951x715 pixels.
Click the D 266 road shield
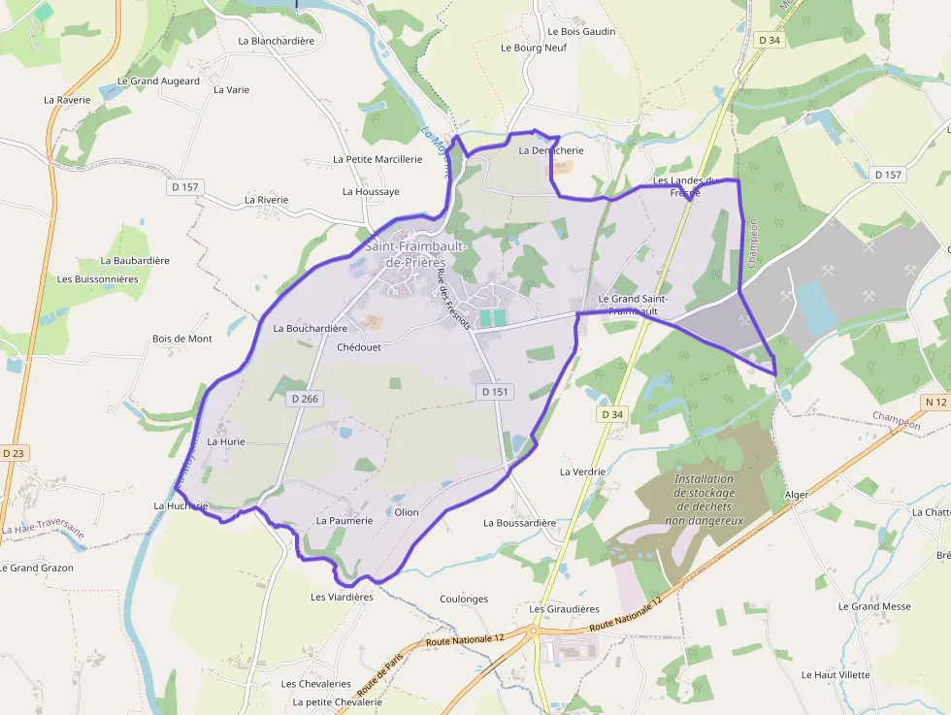point(305,398)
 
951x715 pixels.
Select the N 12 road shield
point(935,402)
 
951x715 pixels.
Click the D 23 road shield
point(14,452)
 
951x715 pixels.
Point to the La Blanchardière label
point(277,41)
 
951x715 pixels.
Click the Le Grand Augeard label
point(158,81)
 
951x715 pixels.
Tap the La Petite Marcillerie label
point(377,159)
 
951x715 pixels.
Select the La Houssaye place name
point(371,192)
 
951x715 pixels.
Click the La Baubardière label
point(135,261)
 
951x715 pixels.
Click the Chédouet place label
point(359,347)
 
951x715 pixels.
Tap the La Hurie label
point(226,441)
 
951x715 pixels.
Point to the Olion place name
point(407,511)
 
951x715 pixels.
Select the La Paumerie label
point(344,521)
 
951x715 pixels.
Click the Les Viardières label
point(342,597)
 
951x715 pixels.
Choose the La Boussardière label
point(520,523)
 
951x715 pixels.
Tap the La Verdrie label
point(582,471)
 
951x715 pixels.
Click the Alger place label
point(796,495)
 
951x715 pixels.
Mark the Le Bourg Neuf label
point(533,48)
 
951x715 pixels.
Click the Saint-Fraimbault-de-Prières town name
point(416,254)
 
